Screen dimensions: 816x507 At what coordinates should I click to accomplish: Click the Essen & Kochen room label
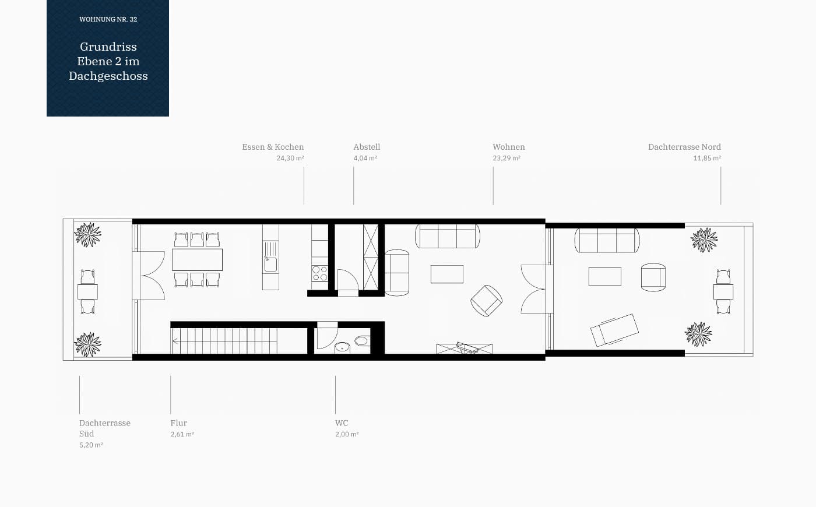(273, 147)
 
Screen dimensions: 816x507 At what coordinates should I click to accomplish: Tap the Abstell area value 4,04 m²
(365, 158)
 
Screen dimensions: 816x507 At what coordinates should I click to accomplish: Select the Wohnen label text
(508, 147)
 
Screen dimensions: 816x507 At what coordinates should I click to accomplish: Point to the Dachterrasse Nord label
(684, 147)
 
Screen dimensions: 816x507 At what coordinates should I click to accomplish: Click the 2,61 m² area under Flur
(182, 434)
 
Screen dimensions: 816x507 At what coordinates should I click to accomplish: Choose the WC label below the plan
(342, 423)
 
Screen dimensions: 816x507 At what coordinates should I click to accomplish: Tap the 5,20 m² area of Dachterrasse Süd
(91, 445)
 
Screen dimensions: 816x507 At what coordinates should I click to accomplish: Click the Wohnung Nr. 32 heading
(108, 19)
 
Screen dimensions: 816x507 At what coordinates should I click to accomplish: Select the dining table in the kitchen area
(197, 260)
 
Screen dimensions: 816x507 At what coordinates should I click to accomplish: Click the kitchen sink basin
(270, 265)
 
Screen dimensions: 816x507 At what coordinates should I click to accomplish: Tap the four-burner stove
(319, 273)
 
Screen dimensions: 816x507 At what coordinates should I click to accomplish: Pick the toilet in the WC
(362, 341)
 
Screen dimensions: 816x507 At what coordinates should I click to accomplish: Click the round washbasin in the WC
(342, 347)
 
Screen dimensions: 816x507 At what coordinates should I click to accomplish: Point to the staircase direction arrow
(175, 341)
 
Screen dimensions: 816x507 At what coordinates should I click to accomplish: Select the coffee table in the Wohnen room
(447, 274)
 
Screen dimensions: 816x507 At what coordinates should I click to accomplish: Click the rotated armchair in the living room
(486, 301)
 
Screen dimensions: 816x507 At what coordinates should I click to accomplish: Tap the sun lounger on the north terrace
(614, 330)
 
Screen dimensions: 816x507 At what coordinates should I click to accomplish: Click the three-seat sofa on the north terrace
(607, 240)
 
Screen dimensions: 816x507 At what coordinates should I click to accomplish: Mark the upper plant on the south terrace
(88, 234)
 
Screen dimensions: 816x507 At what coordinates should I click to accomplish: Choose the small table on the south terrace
(88, 292)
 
